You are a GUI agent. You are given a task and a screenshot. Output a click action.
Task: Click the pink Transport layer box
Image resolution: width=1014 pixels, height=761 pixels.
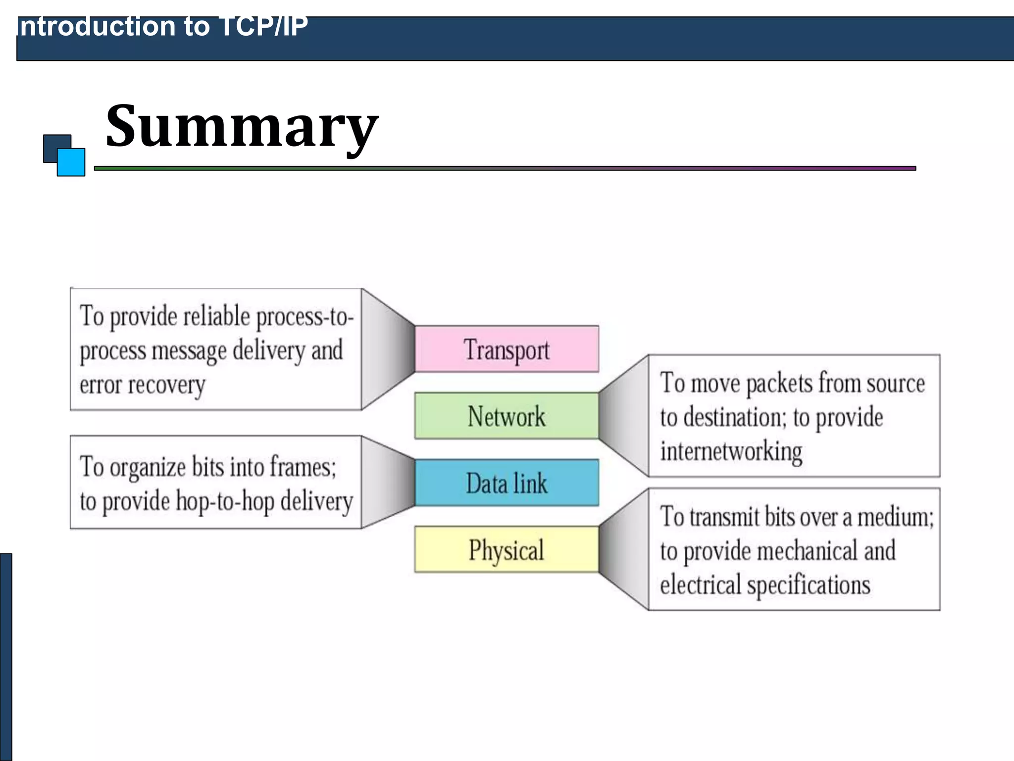[x=507, y=349]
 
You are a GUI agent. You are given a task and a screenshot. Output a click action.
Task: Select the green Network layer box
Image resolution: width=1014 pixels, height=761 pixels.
[x=507, y=416]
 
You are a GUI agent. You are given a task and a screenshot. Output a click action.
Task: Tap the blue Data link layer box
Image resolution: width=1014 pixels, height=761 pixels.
[x=507, y=483]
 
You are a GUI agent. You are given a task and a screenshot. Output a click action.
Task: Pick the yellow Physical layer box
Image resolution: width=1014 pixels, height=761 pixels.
[x=507, y=549]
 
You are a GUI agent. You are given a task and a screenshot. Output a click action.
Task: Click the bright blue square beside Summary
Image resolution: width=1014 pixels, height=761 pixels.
[x=71, y=163]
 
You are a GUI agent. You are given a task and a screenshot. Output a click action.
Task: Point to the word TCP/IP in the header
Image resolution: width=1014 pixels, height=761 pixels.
[x=263, y=27]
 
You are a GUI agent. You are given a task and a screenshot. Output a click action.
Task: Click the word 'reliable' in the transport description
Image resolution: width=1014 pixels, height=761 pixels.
[x=216, y=316]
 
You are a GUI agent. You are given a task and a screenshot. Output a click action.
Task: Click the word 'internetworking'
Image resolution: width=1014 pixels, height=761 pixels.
[x=731, y=451]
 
